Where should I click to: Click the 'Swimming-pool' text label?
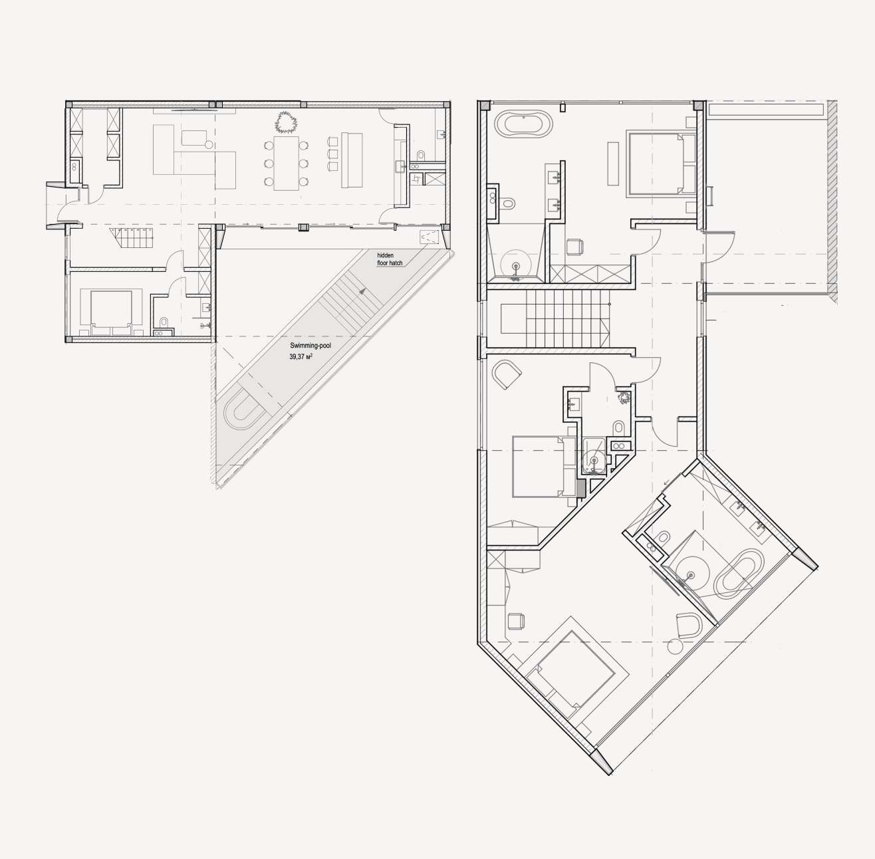pyautogui.click(x=310, y=346)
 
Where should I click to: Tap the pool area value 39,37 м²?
pyautogui.click(x=301, y=357)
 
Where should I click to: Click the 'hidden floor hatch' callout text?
pyautogui.click(x=390, y=259)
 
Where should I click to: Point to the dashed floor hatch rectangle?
pyautogui.click(x=429, y=237)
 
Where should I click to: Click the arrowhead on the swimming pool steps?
pyautogui.click(x=362, y=291)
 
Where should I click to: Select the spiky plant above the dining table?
pyautogui.click(x=285, y=122)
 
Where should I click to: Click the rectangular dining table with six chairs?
pyautogui.click(x=286, y=163)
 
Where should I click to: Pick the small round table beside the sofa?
pyautogui.click(x=209, y=145)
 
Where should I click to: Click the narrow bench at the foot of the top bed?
pyautogui.click(x=614, y=164)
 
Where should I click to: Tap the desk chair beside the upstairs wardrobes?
pyautogui.click(x=574, y=247)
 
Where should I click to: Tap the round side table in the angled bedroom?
pyautogui.click(x=675, y=646)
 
